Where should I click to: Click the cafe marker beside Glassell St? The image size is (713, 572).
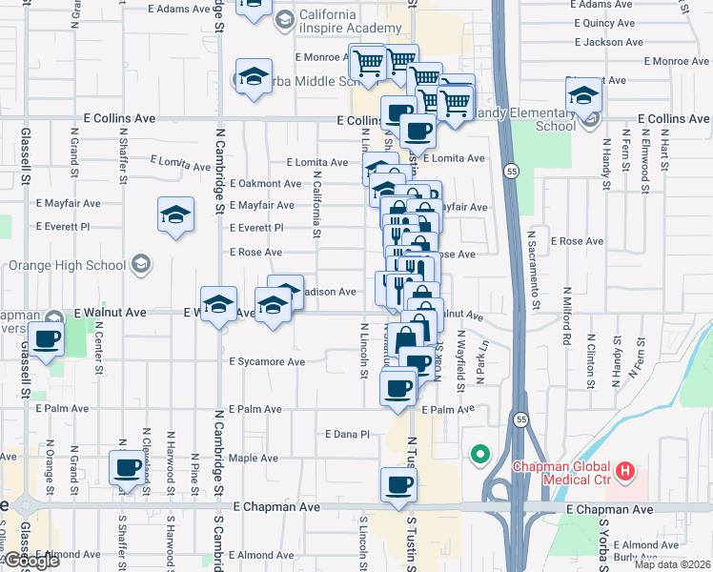[45, 338]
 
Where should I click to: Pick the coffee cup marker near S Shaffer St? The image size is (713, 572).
[127, 468]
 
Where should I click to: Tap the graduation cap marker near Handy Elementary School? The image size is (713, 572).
[583, 95]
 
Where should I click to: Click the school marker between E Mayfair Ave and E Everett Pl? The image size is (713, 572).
[175, 215]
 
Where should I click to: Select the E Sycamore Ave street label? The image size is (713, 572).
[267, 362]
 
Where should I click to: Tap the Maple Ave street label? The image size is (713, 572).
[253, 459]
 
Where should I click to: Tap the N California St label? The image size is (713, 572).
[316, 197]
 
